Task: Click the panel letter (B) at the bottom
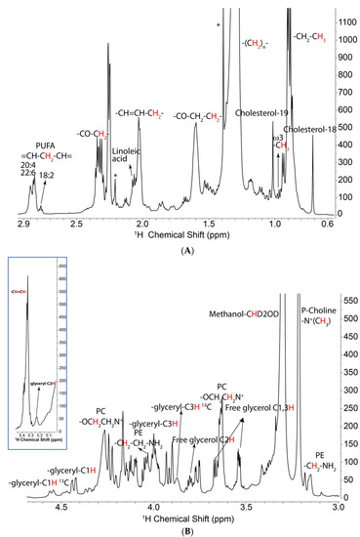click(x=180, y=530)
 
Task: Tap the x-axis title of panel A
click(x=180, y=234)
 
